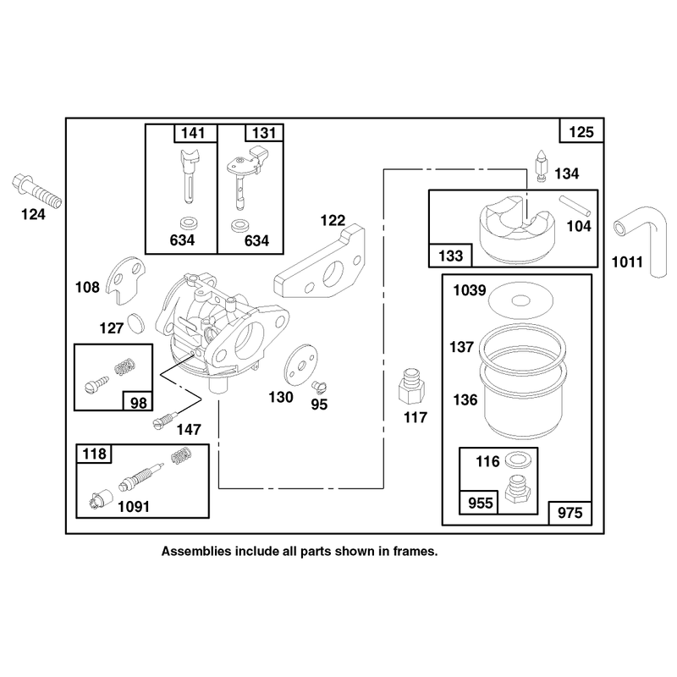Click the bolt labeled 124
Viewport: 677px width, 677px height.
[36, 192]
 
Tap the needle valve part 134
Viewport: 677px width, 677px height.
[542, 166]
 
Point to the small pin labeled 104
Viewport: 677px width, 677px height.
[575, 206]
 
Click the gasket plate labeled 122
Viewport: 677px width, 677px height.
[320, 263]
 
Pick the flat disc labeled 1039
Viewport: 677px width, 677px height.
[521, 300]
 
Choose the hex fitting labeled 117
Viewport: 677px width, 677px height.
[411, 386]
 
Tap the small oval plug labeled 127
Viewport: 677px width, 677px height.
[136, 323]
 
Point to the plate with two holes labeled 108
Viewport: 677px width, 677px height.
[125, 280]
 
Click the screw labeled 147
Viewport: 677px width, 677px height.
[165, 420]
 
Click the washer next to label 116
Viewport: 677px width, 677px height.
[517, 460]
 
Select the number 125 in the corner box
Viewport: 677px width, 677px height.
[581, 132]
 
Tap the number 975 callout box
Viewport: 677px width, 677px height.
[570, 513]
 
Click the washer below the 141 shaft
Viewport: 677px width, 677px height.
[189, 223]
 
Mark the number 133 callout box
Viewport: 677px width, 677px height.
[450, 256]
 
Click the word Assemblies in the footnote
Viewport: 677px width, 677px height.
[196, 552]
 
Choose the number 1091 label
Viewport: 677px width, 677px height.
[134, 506]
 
